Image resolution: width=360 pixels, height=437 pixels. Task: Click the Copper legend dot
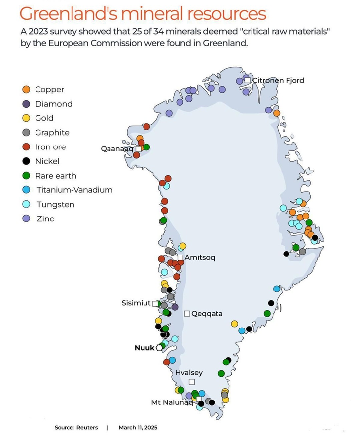tap(27, 89)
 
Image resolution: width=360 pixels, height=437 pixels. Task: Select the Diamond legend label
tap(54, 104)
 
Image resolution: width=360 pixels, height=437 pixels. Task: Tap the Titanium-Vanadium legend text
tap(74, 190)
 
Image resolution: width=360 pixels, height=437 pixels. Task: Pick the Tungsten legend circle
tap(27, 204)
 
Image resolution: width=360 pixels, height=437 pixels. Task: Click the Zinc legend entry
tap(44, 218)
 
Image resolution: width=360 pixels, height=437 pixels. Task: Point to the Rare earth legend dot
tap(27, 176)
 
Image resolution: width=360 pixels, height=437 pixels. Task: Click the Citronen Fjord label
tap(278, 80)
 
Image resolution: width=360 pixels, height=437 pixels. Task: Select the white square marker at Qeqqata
tap(187, 314)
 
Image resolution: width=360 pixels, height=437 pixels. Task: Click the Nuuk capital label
tap(144, 348)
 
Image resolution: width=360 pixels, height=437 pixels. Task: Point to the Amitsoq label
tap(200, 258)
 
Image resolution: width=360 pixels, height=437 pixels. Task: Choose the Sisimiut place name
tap(136, 303)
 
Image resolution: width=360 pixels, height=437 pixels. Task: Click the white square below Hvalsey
tap(192, 382)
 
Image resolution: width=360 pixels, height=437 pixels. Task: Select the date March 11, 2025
tap(138, 427)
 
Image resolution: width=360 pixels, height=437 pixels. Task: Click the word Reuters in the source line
tap(87, 427)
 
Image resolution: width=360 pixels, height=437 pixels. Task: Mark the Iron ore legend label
tap(50, 147)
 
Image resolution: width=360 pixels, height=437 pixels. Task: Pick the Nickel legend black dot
tap(27, 161)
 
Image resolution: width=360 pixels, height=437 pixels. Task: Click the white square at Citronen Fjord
tap(248, 80)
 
